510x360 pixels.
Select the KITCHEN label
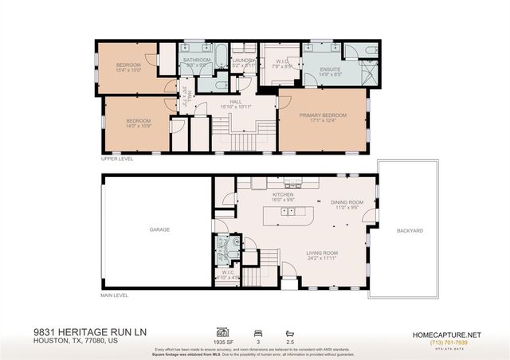pyautogui.click(x=284, y=194)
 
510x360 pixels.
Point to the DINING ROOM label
pyautogui.click(x=347, y=202)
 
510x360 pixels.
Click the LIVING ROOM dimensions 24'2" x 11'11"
pyautogui.click(x=324, y=260)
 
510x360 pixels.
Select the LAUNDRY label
pyautogui.click(x=243, y=60)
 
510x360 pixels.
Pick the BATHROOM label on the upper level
pyautogui.click(x=196, y=60)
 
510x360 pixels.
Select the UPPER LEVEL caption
pyautogui.click(x=116, y=158)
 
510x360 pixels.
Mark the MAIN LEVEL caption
pyautogui.click(x=115, y=295)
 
